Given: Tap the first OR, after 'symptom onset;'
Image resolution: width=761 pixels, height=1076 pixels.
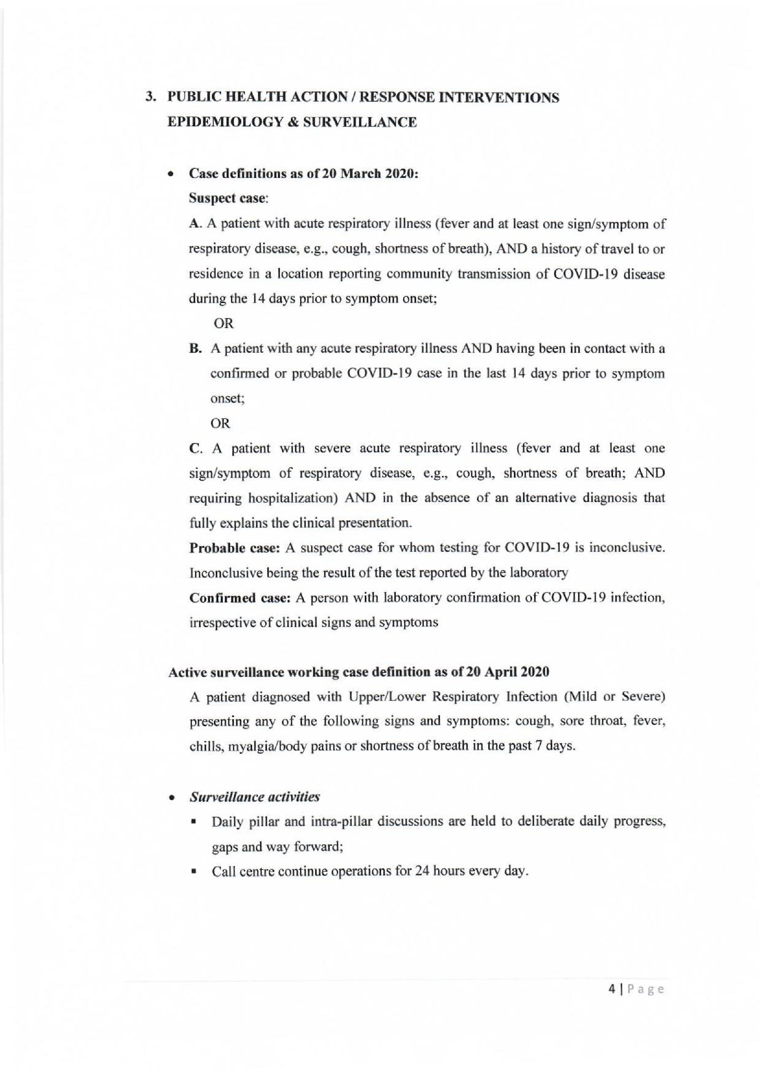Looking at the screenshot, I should coord(223,323).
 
